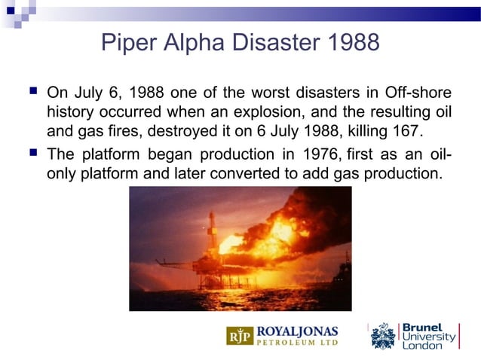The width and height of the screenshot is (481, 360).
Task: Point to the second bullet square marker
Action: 31,154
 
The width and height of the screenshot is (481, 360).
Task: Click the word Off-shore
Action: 419,93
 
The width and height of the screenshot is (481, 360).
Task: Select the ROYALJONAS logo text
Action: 298,331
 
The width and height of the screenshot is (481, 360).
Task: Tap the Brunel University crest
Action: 382,336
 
